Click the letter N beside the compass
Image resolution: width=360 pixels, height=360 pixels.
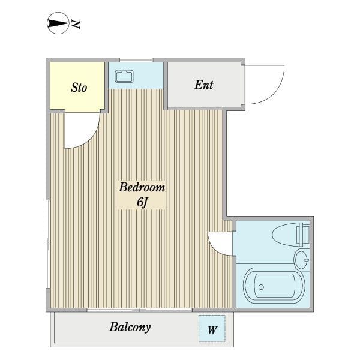click(76, 25)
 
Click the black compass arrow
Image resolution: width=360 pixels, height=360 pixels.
click(58, 23)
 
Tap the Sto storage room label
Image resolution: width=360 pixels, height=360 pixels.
click(79, 88)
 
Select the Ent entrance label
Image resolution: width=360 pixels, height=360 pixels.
click(204, 85)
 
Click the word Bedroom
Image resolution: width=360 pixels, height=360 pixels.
click(142, 187)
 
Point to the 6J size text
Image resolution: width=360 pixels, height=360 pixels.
click(142, 202)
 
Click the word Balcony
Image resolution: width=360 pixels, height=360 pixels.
click(130, 327)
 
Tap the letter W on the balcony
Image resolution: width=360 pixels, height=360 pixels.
click(212, 330)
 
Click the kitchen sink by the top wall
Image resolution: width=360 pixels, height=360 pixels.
click(124, 76)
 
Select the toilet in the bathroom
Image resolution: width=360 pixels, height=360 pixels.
click(291, 235)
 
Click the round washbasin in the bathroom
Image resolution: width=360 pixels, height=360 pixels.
click(302, 260)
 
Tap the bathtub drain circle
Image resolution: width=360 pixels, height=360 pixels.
click(261, 287)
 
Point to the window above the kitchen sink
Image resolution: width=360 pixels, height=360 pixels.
click(136, 60)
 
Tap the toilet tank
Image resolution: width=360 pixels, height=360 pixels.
click(303, 235)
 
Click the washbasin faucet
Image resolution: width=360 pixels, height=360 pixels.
click(306, 260)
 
